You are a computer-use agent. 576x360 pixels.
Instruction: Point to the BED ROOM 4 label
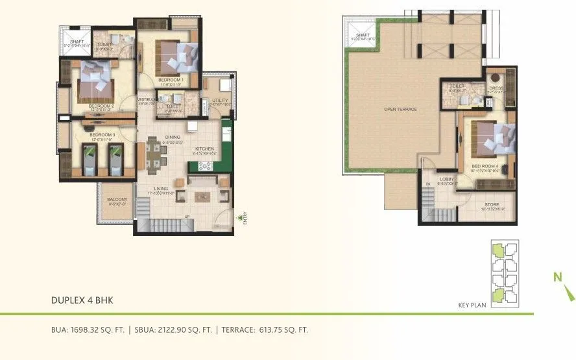(485, 167)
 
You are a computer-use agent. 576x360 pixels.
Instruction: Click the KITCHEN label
(205, 149)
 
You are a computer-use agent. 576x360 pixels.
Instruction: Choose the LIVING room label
(161, 189)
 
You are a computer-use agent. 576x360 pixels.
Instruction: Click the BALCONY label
(117, 199)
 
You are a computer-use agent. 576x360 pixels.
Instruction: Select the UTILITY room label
(220, 101)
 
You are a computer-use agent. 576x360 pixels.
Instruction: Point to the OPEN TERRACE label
(400, 109)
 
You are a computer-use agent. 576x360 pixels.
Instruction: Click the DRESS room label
(496, 88)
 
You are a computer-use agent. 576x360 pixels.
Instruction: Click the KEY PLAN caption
(472, 305)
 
